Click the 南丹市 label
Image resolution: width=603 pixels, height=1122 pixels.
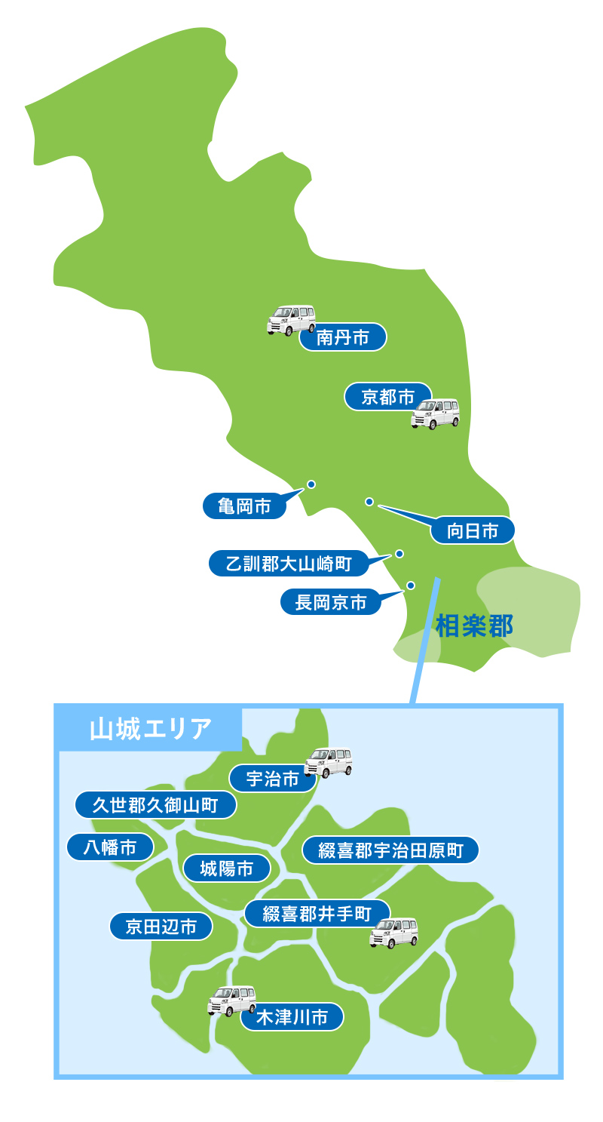[x=343, y=337]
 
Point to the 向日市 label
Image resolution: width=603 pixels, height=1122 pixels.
[x=473, y=530]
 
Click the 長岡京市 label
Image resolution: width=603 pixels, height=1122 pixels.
[x=331, y=602]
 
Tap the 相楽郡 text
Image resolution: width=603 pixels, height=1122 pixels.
[x=474, y=626]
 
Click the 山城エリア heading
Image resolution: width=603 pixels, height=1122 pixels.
[x=150, y=729]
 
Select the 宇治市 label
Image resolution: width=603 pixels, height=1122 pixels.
[x=273, y=779]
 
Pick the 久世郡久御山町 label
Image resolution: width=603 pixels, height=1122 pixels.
[x=155, y=805]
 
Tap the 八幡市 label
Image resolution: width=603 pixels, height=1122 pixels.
[x=110, y=847]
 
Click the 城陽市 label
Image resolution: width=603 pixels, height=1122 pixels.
[x=226, y=868]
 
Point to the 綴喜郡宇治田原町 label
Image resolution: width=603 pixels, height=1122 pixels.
[x=390, y=850]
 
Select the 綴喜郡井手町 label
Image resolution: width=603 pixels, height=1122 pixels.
[x=317, y=914]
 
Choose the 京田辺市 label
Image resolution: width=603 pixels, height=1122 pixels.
[x=161, y=927]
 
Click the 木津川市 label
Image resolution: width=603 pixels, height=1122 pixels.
[x=292, y=1016]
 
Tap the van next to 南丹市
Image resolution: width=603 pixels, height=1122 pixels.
[x=291, y=320]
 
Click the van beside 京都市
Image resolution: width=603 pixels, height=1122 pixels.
[x=435, y=413]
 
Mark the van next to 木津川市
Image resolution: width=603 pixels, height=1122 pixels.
[x=231, y=1001]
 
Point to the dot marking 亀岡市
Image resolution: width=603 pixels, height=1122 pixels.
[x=311, y=484]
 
